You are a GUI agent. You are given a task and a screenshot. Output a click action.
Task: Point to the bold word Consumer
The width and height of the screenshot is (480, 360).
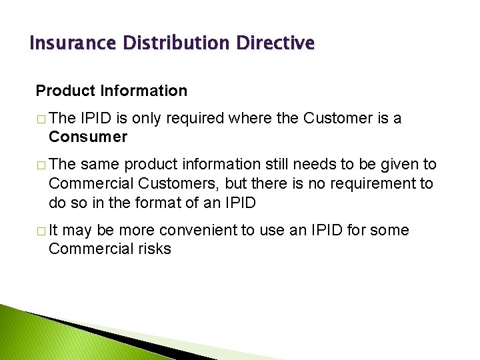[88, 137]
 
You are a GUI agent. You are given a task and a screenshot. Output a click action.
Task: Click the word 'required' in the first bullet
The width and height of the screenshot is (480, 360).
[197, 118]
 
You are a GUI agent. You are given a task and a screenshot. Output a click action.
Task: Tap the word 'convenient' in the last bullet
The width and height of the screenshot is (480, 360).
[201, 230]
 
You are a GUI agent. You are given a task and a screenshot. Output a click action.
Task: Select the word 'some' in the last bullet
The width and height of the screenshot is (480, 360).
[390, 230]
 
